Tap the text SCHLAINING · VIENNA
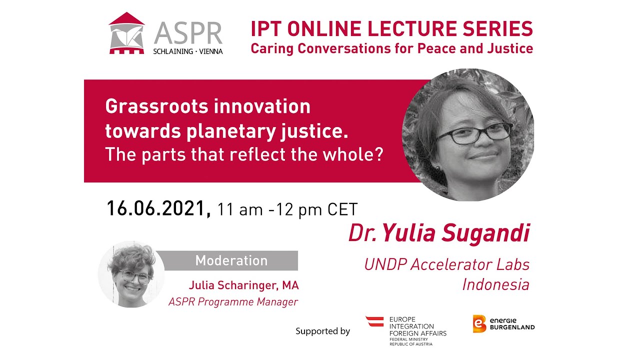click(188, 51)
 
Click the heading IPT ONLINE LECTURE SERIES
click(391, 29)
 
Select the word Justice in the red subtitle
click(510, 48)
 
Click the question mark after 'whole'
click(378, 154)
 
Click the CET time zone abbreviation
click(342, 209)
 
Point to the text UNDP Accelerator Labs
click(446, 264)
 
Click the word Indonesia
click(495, 284)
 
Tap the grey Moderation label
click(231, 260)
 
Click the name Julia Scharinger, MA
click(243, 285)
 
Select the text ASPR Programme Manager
click(233, 301)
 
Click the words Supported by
click(322, 331)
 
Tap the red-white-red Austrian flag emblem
click(374, 321)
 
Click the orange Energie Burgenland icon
click(479, 323)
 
